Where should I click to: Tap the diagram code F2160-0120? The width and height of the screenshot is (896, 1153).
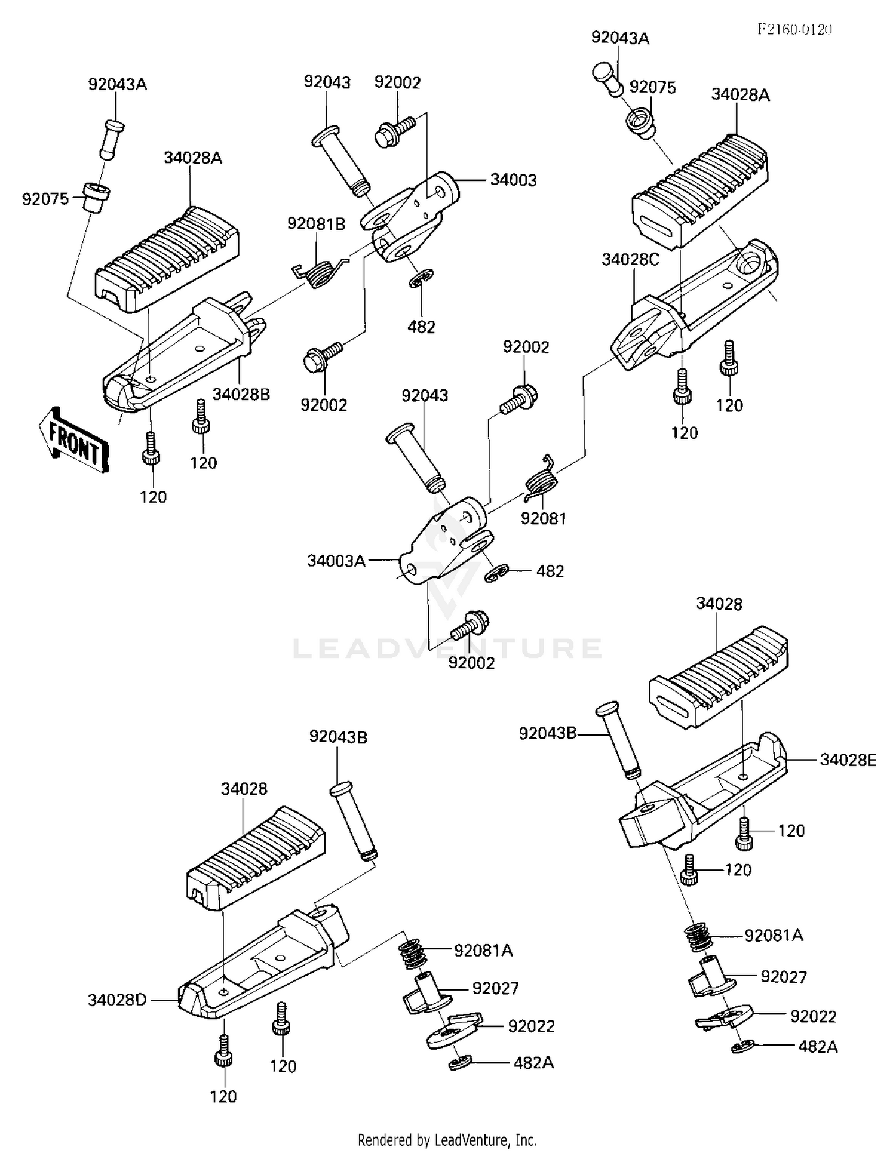(794, 29)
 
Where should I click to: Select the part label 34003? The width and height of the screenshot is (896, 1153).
(513, 180)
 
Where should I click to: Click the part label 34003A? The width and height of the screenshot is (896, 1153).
(336, 561)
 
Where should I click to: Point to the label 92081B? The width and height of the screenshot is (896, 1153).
(316, 224)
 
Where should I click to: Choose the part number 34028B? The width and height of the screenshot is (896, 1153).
(241, 394)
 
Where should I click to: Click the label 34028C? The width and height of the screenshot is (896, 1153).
(630, 260)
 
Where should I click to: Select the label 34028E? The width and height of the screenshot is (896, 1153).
(848, 760)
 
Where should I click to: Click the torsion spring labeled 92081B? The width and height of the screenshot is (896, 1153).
(320, 272)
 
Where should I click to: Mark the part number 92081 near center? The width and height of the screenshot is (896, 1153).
(543, 518)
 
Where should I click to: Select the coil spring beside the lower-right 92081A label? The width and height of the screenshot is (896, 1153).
(697, 936)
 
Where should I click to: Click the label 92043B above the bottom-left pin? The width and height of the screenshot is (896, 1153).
(338, 737)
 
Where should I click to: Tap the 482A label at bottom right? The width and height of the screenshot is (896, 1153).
(818, 1047)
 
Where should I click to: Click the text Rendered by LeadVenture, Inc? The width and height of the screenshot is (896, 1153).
(447, 1140)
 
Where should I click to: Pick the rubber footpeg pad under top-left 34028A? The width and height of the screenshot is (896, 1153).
(167, 260)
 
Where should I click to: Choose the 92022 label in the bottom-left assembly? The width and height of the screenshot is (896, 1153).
(531, 1026)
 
